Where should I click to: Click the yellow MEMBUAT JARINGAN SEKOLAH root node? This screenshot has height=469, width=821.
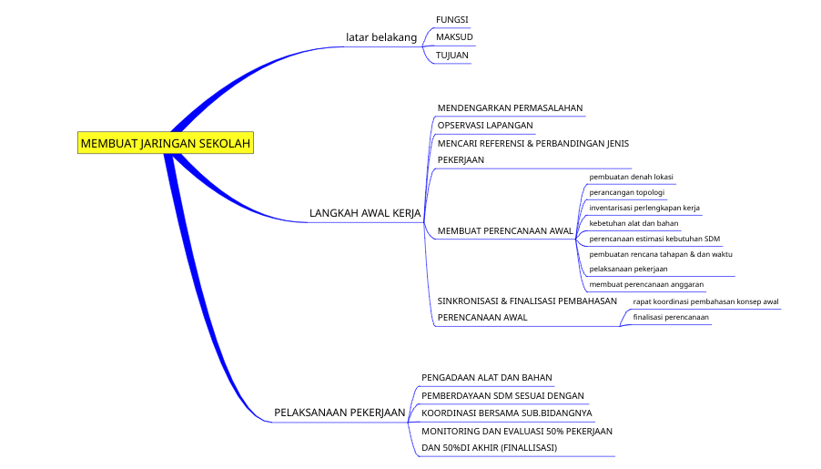[165, 143]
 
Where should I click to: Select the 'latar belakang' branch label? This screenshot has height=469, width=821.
[381, 37]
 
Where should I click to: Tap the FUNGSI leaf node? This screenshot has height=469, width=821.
[452, 20]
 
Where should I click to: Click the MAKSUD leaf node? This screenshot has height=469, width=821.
[454, 37]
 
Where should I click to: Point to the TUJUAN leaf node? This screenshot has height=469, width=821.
[452, 56]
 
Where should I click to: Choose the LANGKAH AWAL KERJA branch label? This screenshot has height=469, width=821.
[364, 213]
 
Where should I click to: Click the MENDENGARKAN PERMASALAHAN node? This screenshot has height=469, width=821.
[510, 107]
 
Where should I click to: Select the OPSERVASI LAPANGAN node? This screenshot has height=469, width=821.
[485, 125]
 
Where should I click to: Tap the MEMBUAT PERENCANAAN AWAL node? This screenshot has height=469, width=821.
[505, 230]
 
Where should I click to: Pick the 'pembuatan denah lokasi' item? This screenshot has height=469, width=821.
[631, 177]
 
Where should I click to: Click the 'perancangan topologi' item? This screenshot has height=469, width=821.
[627, 192]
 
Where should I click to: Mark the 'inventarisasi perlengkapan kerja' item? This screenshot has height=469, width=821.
[644, 208]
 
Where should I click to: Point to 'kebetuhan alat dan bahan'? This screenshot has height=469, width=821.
[633, 223]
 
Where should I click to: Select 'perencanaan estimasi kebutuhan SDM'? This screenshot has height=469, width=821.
[654, 239]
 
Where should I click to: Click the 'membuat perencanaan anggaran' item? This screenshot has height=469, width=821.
[646, 284]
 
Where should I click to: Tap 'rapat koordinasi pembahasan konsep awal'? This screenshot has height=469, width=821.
[705, 301]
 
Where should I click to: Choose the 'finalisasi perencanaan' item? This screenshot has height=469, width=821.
[671, 317]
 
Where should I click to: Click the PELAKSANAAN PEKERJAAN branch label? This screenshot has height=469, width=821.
[340, 413]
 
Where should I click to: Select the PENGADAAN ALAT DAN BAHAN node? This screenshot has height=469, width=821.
[487, 377]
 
